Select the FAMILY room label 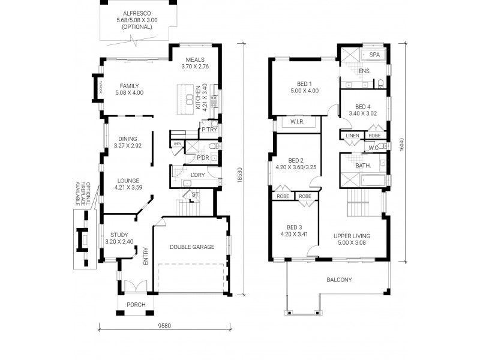(x=129, y=86)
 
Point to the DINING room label (x=127, y=139)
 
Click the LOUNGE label (x=128, y=180)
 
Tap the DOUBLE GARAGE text (x=191, y=247)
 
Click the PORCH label (x=136, y=304)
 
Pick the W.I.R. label (x=297, y=123)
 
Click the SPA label (x=374, y=55)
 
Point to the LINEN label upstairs (x=352, y=136)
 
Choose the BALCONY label (x=339, y=280)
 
